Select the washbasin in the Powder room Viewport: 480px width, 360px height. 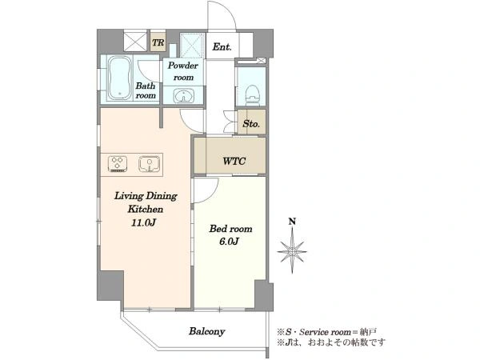[184, 96]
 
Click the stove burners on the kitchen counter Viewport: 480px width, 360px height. [118, 163]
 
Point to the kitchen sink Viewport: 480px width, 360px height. [149, 164]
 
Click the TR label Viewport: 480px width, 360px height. [158, 42]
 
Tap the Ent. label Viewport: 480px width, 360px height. [222, 47]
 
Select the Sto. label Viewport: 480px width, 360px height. [251, 124]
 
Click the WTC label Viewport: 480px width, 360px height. [234, 161]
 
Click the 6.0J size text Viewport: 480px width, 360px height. [229, 242]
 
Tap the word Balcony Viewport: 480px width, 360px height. [207, 331]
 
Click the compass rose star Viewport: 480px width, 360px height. [292, 250]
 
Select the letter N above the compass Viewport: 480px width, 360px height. [293, 222]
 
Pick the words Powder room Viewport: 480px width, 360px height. [183, 71]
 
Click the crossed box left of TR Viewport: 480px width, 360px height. [136, 41]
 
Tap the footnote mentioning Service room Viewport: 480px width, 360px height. [327, 332]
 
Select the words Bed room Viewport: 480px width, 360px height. [231, 229]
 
